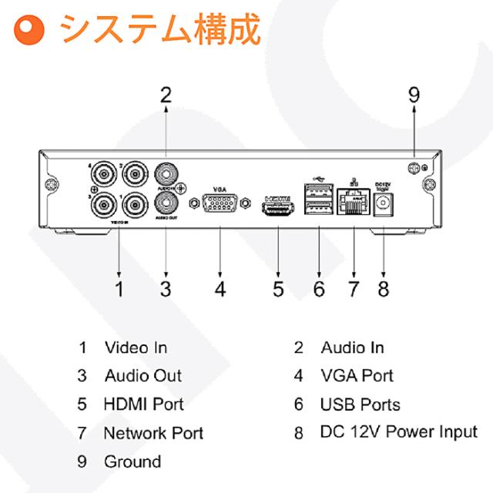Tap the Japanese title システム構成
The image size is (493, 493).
click(x=161, y=29)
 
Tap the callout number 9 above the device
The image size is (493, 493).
click(x=414, y=95)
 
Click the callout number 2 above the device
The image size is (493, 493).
click(x=166, y=95)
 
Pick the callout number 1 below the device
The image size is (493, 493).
click(x=119, y=289)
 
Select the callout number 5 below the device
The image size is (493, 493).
click(x=278, y=289)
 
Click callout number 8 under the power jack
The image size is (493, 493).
click(x=383, y=289)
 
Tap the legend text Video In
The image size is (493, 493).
click(x=136, y=347)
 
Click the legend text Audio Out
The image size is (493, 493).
click(x=143, y=376)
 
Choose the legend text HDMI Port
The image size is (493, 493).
click(x=144, y=404)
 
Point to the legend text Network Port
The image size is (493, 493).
click(x=153, y=433)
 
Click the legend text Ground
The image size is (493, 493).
click(x=132, y=461)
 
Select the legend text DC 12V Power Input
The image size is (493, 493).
click(x=398, y=432)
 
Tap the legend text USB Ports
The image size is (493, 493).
click(x=360, y=404)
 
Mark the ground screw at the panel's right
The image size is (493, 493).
click(x=414, y=169)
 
